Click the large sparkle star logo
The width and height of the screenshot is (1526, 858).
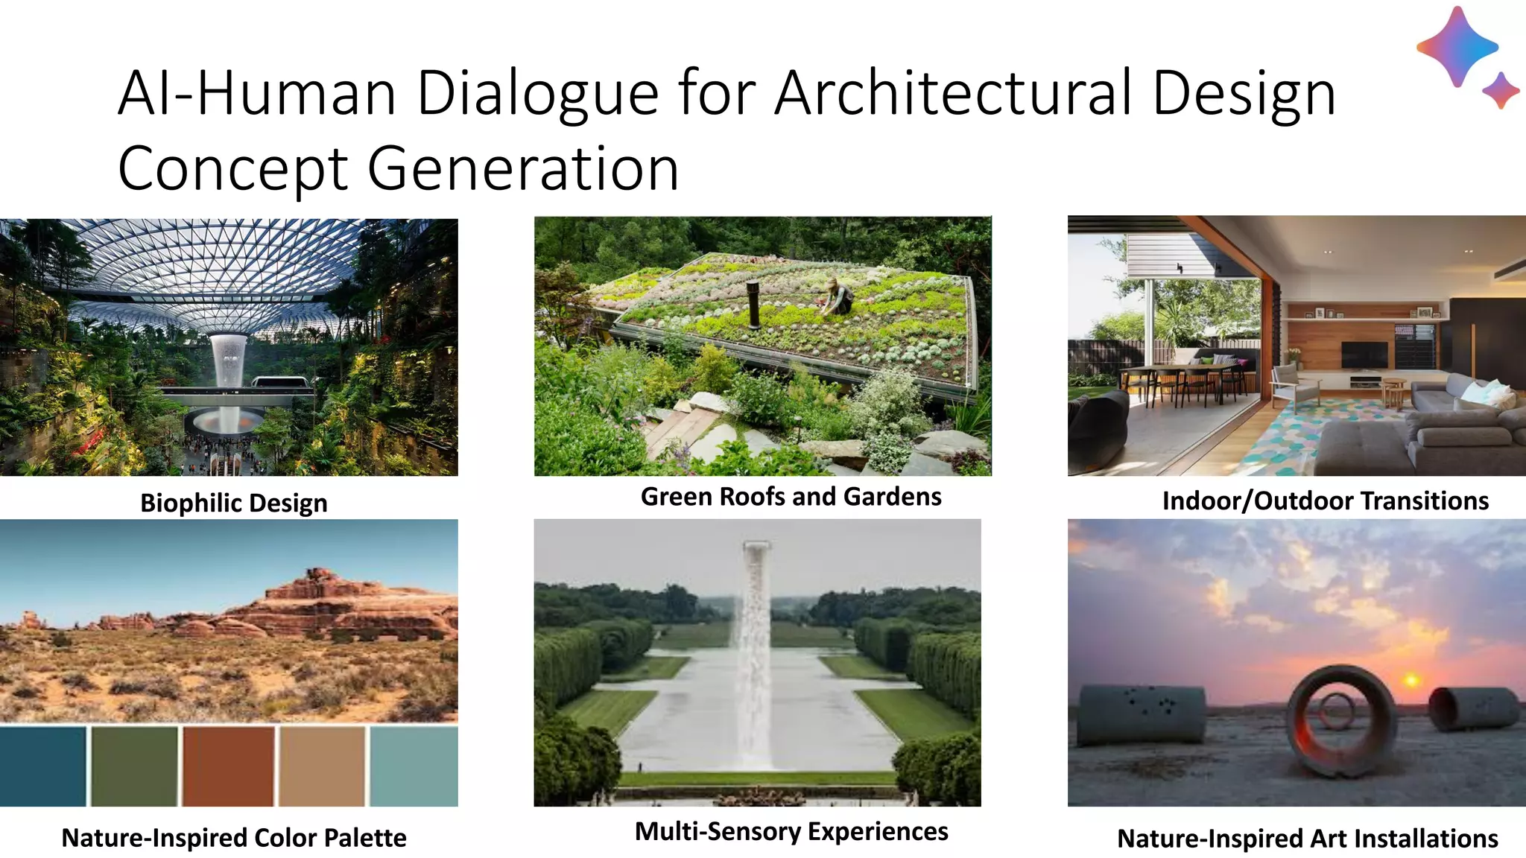pyautogui.click(x=1457, y=46)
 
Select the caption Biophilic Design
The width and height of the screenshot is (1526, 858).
pyautogui.click(x=233, y=503)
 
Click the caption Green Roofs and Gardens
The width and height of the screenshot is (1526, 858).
pyautogui.click(x=791, y=497)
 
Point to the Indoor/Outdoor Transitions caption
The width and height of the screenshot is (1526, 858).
pyautogui.click(x=1325, y=500)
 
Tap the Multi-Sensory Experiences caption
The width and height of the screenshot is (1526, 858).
pyautogui.click(x=791, y=831)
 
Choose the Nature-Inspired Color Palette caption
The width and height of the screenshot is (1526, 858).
pyautogui.click(x=233, y=838)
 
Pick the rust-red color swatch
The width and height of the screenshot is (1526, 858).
pyautogui.click(x=228, y=766)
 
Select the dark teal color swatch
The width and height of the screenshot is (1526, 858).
pyautogui.click(x=43, y=766)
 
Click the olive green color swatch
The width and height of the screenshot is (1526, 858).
pyautogui.click(x=135, y=766)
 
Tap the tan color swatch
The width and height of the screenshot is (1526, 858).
pyautogui.click(x=322, y=766)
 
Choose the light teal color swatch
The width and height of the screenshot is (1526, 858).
pyautogui.click(x=414, y=766)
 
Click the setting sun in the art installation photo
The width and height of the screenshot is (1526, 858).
pyautogui.click(x=1411, y=681)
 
